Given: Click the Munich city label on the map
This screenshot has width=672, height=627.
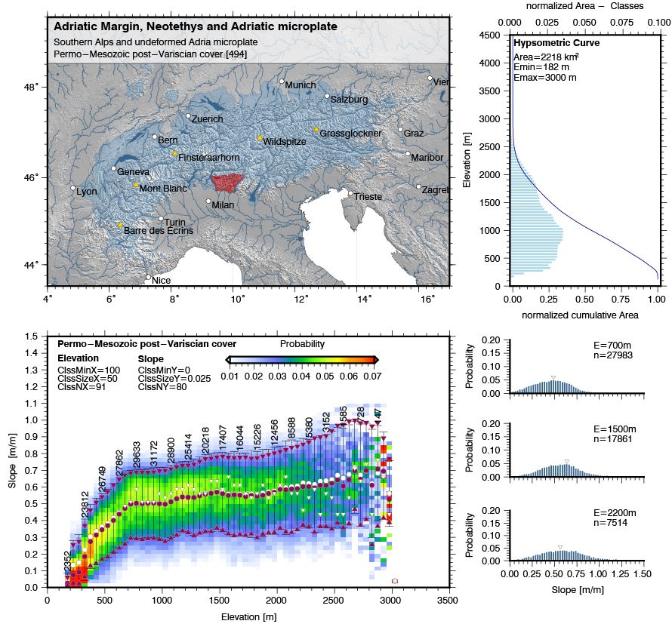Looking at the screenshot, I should [301, 85].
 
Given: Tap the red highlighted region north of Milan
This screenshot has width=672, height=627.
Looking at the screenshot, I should [227, 183].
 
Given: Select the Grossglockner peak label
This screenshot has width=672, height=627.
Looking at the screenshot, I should [344, 134].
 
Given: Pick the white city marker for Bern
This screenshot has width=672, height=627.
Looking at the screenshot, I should [155, 137].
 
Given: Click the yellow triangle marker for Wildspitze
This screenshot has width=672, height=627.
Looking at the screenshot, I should [260, 138].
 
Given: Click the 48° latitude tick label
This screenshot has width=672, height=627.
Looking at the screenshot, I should [31, 88].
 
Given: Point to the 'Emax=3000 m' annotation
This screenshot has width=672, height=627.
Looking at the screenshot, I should [545, 78].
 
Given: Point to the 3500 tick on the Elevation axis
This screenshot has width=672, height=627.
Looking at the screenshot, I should [448, 601].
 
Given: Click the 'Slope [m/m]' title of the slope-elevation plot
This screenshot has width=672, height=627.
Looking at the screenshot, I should [13, 460].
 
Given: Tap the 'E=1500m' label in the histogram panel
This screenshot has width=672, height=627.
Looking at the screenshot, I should [615, 429].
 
